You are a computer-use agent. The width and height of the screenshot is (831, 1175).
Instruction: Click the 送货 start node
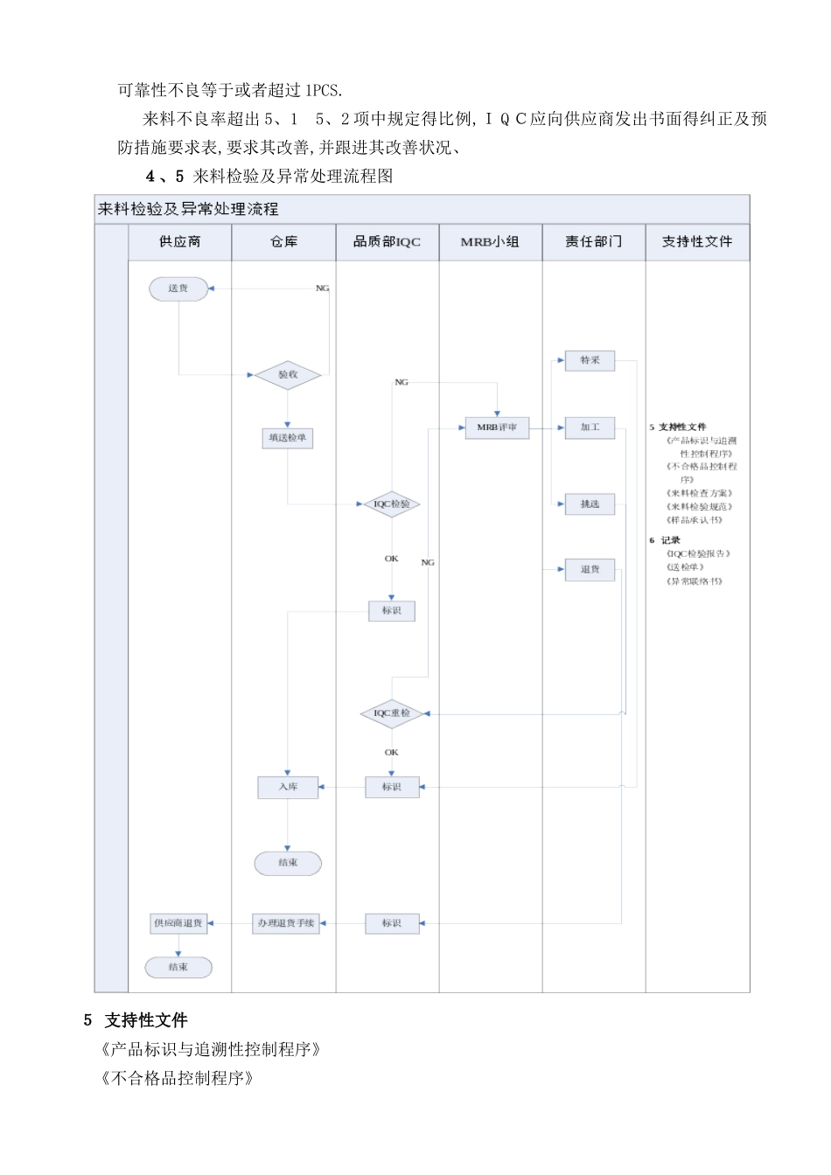point(178,289)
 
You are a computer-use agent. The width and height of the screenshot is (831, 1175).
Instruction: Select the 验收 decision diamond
point(288,375)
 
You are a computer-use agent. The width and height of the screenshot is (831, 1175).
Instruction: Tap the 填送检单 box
point(288,438)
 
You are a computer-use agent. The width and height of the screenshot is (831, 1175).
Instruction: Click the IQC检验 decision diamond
point(391,504)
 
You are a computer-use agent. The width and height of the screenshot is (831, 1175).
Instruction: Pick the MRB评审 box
point(497,428)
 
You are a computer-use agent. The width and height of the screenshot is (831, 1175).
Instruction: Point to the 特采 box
point(590,360)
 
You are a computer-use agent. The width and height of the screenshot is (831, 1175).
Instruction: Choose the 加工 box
point(590,428)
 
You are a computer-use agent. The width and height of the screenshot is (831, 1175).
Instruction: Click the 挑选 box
point(590,504)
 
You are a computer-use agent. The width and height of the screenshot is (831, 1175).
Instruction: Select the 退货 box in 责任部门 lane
point(590,570)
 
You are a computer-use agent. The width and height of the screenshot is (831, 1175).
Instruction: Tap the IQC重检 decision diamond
point(391,713)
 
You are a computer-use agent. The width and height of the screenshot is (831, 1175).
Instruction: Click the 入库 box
point(288,788)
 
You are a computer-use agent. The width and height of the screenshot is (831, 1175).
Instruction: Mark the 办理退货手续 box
point(286,923)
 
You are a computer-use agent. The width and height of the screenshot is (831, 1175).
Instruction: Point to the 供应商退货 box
point(178,923)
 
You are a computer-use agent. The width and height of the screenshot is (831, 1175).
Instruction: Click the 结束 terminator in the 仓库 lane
point(288,863)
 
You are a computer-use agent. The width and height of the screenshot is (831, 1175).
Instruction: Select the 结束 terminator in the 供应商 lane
point(178,967)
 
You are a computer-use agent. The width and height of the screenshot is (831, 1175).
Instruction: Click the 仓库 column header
point(283,242)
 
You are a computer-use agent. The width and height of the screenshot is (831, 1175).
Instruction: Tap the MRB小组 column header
point(490,242)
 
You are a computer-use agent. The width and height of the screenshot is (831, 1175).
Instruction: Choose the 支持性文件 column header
point(697,242)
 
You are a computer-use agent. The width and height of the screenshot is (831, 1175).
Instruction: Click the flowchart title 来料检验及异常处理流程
point(188,209)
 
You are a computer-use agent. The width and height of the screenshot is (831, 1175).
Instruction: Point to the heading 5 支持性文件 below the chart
point(136,1020)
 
